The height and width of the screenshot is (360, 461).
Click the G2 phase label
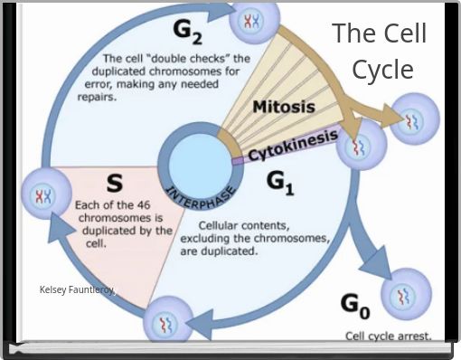187,33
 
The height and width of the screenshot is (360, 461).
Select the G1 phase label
280,184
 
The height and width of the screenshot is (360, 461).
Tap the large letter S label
115,183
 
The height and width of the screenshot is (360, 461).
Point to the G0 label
355,306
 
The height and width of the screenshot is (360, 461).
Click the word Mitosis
284,107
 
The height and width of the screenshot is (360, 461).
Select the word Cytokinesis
293,146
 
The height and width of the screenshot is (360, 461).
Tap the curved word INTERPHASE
201,197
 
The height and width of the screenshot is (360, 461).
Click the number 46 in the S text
143,205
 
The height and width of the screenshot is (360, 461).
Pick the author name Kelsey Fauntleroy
78,289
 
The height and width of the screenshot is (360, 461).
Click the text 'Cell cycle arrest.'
388,336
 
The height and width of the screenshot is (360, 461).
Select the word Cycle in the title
382,70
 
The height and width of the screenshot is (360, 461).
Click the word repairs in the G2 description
97,97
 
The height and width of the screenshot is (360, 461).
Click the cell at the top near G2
255,21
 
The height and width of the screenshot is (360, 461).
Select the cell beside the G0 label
407,295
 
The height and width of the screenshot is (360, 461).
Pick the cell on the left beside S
46,194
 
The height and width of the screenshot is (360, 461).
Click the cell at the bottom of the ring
168,320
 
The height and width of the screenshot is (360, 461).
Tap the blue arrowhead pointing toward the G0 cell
376,261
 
